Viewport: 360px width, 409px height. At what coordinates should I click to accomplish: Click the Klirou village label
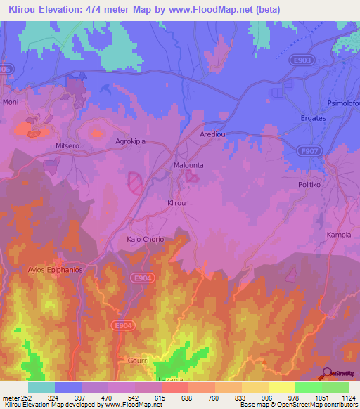coord(176,202)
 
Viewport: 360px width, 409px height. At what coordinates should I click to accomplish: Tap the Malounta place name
coord(188,165)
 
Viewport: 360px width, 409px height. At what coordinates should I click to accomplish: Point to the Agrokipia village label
coord(130,141)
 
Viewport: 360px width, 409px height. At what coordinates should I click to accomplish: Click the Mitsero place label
coord(69,145)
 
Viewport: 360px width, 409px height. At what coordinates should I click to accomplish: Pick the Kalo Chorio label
coord(145,239)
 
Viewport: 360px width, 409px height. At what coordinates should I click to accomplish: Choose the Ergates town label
coord(313,118)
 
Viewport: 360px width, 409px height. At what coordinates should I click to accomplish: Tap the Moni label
coord(11,102)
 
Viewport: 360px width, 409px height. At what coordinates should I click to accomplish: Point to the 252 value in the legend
coord(21,398)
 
